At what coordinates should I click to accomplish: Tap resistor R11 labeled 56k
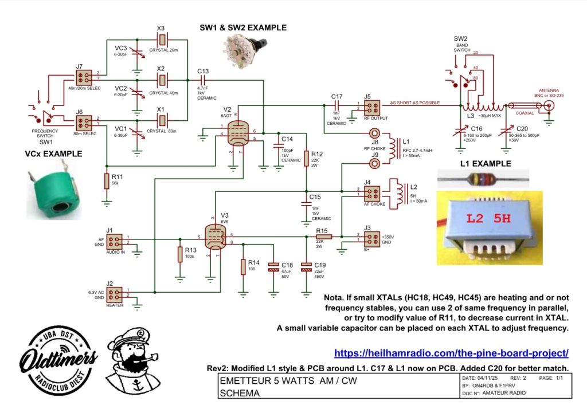(x=107, y=181)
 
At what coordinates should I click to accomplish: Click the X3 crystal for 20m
(x=162, y=40)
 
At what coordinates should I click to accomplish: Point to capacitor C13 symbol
(x=202, y=80)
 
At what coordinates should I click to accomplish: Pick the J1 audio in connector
(x=115, y=241)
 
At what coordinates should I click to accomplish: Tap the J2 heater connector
(x=115, y=294)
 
